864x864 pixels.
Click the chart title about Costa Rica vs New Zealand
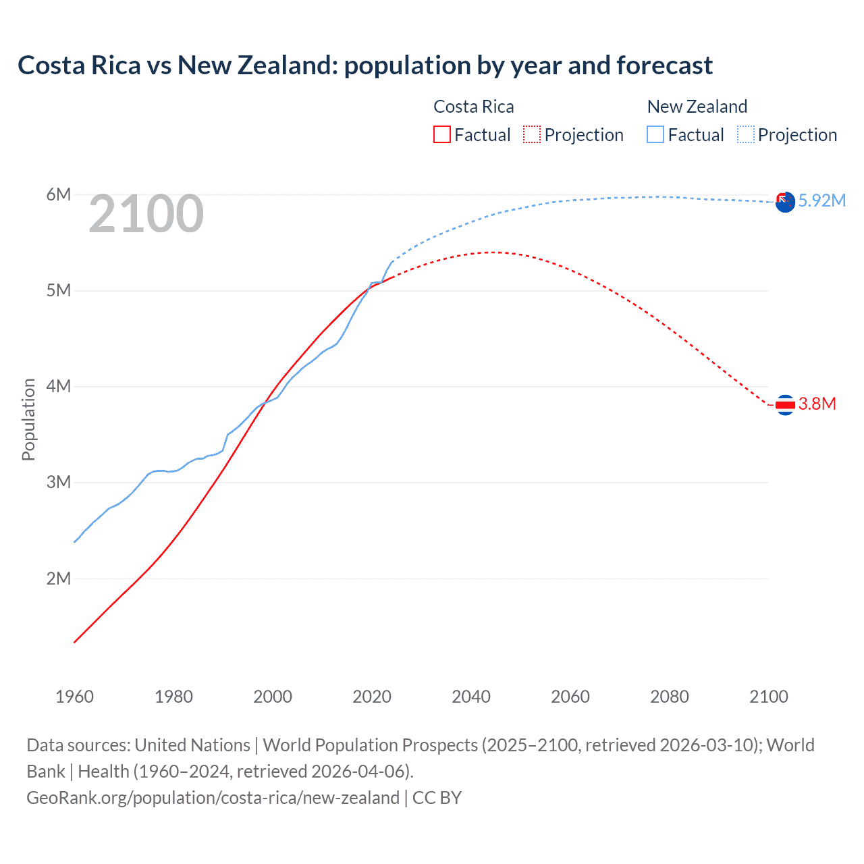[364, 65]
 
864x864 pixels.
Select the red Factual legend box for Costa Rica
[441, 134]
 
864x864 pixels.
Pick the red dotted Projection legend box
[532, 134]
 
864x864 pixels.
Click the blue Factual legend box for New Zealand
[655, 134]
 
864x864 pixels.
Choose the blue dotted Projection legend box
[746, 134]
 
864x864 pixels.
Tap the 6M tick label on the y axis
[58, 195]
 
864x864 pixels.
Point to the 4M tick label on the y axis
[58, 387]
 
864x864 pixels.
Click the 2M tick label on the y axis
[58, 578]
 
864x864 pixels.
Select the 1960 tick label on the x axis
[74, 697]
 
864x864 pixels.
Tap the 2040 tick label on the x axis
[471, 697]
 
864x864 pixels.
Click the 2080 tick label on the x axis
[670, 697]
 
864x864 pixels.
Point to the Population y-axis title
[28, 419]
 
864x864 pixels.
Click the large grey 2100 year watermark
[146, 214]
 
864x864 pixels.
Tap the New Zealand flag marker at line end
[785, 202]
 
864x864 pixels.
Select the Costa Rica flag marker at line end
[785, 405]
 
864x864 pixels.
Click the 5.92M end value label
[821, 200]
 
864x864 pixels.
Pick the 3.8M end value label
[817, 404]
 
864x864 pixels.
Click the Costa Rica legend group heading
[473, 107]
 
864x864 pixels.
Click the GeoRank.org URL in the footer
[213, 797]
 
